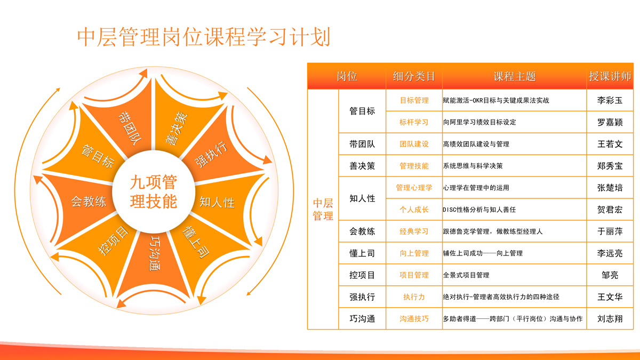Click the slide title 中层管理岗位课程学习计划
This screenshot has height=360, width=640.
point(204,37)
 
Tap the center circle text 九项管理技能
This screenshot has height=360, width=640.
point(154,191)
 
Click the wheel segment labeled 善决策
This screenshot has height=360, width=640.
point(183,120)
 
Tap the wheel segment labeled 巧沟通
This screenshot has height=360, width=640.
point(154,263)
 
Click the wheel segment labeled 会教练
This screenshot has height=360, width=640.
point(83,203)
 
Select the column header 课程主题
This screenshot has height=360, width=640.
point(515,76)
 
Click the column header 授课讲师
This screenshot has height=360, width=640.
point(610,76)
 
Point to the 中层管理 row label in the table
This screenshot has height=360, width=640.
point(323,210)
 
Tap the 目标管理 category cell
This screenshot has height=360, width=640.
point(414,100)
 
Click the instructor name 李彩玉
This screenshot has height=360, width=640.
point(610,100)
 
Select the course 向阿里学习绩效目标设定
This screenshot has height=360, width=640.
point(479,122)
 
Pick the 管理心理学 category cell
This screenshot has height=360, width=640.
point(414,188)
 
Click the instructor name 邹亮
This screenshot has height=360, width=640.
point(610,275)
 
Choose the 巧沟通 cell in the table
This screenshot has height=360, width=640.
point(362,318)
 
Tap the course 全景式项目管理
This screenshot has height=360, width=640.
point(466,275)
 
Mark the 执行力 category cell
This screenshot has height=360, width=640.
point(414,297)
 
